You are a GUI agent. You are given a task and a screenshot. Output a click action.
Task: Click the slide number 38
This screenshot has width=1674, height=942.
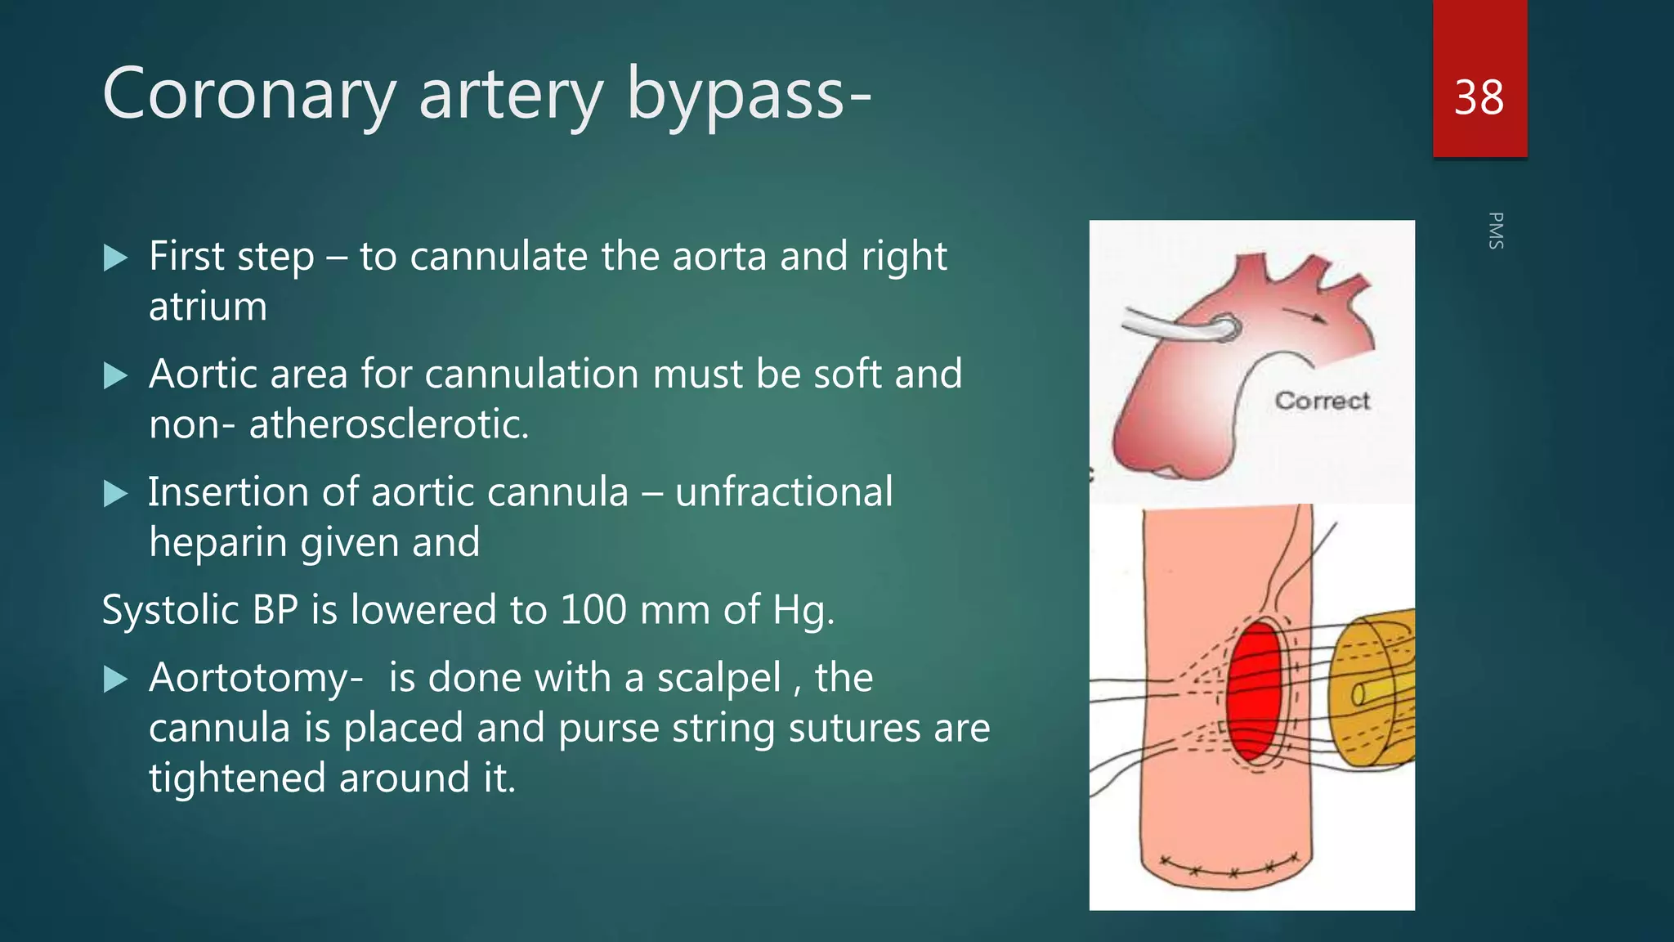[1479, 98]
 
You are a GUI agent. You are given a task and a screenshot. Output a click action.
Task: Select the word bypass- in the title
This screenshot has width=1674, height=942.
[749, 95]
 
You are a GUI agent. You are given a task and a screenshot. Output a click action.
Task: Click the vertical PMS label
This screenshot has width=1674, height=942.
[1496, 231]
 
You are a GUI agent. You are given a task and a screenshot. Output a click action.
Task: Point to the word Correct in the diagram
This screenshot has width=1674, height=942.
[1322, 401]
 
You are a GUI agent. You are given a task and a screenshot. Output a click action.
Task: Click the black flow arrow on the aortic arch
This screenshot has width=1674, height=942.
[1303, 315]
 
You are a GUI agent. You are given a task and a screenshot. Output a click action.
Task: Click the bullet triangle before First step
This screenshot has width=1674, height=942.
[116, 258]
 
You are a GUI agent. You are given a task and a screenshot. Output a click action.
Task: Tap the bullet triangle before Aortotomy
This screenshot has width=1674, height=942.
[116, 680]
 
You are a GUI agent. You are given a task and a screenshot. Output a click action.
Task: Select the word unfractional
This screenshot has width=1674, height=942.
[784, 492]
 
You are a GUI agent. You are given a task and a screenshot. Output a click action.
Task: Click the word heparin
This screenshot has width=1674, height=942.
[218, 542]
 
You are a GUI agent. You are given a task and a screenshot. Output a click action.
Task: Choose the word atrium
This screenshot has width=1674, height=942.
[208, 307]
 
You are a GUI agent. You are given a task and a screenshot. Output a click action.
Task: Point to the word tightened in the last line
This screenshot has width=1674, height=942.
[238, 778]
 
